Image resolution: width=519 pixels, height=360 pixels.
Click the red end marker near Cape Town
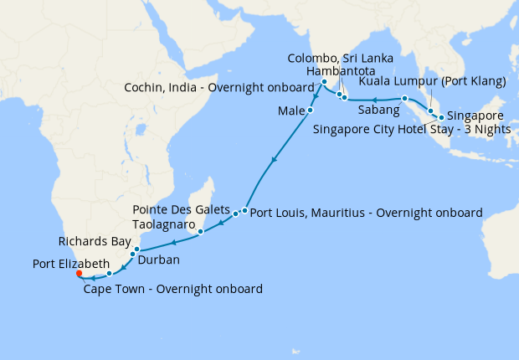click(78, 273)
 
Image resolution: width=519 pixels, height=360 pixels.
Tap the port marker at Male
click(311, 111)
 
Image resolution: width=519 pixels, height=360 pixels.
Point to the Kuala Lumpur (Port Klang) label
click(433, 81)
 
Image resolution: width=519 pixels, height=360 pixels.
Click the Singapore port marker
click(440, 117)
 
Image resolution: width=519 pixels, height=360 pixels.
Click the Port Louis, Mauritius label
click(366, 213)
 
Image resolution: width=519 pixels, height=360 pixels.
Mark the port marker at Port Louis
click(244, 210)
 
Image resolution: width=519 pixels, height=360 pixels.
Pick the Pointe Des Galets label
click(181, 209)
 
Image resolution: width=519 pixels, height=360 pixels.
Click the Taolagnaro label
click(166, 225)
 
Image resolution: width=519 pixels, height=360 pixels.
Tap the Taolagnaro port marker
click(201, 231)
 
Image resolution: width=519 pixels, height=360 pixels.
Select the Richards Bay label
click(95, 242)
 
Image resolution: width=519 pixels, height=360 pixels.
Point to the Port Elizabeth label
click(71, 264)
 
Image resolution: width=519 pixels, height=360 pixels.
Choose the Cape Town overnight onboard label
click(173, 289)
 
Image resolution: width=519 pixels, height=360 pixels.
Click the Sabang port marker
click(404, 99)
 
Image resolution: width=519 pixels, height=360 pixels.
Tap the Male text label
click(289, 111)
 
